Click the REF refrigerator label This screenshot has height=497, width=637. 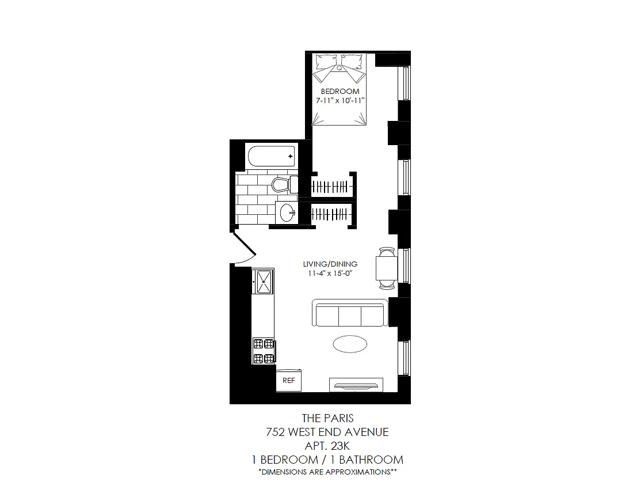288,380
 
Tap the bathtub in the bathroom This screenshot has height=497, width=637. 272,156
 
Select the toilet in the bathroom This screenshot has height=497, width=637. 284,184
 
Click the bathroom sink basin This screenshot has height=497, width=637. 287,213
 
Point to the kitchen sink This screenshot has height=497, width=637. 262,281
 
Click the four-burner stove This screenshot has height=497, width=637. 264,351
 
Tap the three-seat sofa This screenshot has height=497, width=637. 350,313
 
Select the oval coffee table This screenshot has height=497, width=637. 350,344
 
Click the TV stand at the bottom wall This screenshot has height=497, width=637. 356,385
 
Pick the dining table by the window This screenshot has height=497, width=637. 386,268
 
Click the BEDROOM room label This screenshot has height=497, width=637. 340,92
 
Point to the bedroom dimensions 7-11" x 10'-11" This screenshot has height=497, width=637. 341,100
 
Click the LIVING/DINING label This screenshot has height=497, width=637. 330,264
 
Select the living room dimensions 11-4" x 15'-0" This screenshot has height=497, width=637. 330,274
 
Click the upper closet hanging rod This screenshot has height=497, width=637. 331,187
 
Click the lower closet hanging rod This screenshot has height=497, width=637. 331,214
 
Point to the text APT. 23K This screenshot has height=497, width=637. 327,446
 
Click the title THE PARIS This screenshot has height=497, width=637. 327,418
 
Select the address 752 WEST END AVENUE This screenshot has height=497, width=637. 327,432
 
